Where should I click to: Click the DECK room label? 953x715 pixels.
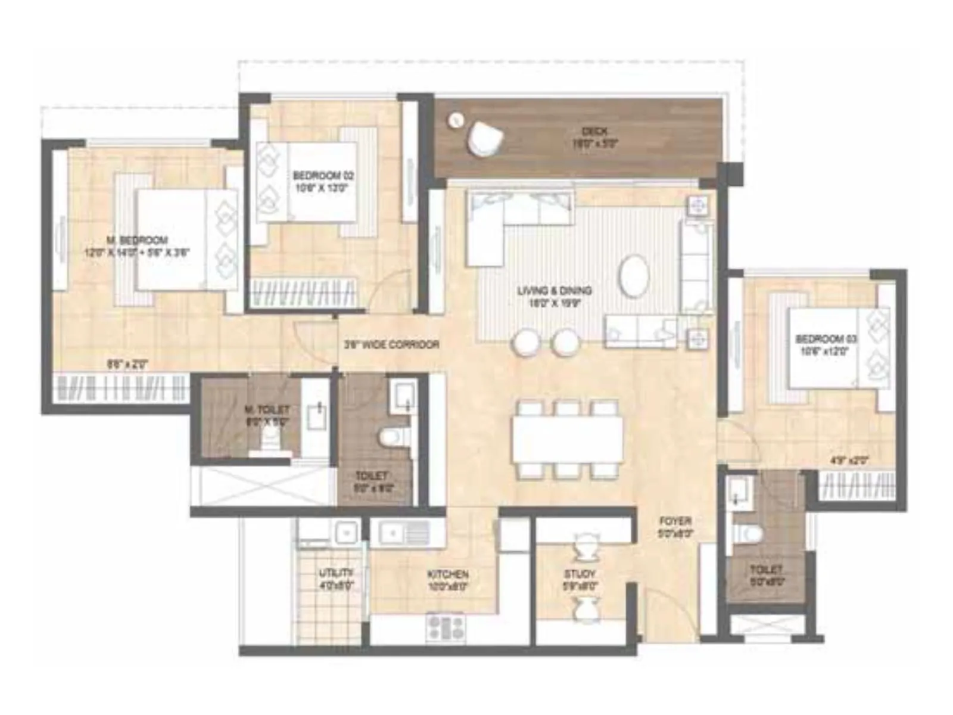(595, 131)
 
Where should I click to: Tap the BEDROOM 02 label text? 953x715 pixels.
(323, 176)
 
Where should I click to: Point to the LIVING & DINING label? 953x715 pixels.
(554, 291)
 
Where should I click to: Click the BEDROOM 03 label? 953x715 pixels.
(826, 339)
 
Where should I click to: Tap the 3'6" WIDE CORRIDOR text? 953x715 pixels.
(391, 344)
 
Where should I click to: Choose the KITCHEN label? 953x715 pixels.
(448, 574)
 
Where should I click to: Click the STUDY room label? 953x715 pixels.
(580, 574)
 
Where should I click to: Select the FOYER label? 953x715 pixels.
(675, 521)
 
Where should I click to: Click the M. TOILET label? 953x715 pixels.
(267, 410)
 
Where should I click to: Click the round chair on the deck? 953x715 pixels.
(485, 139)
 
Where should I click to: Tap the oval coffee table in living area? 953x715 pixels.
(634, 275)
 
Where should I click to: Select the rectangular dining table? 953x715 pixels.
(567, 439)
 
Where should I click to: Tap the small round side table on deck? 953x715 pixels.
(456, 120)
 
